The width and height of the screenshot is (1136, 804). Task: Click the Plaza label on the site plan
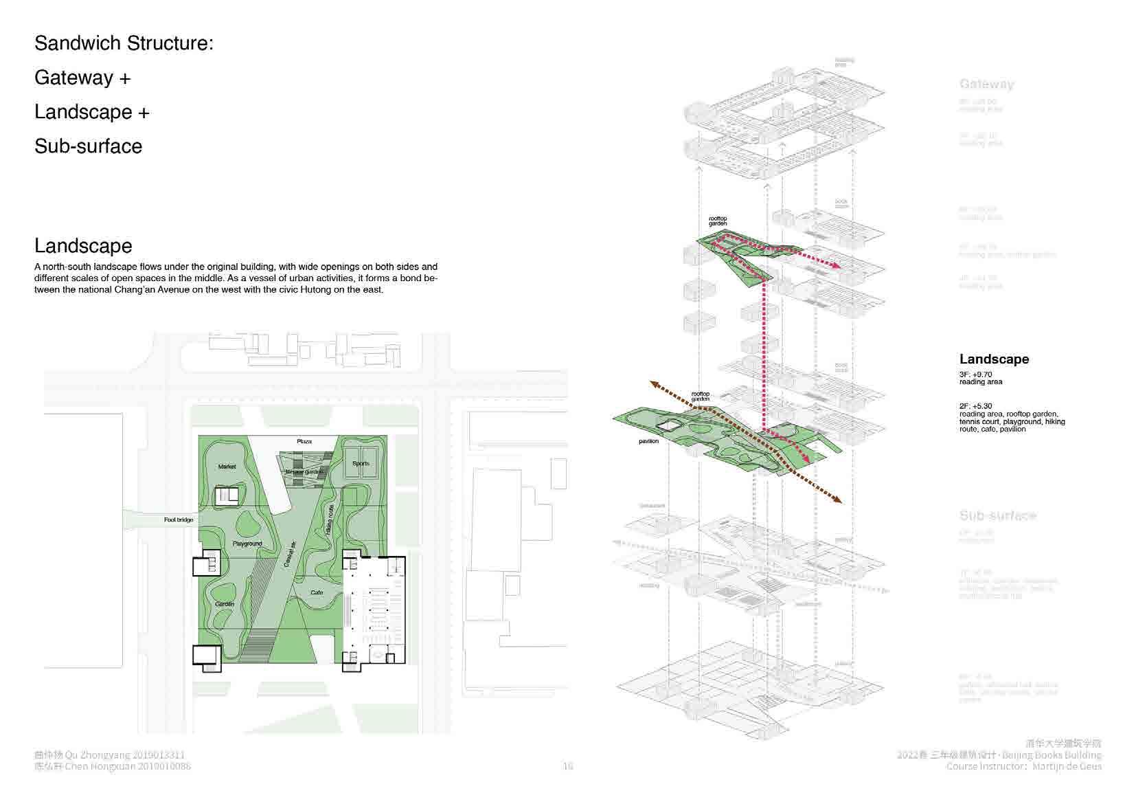[x=304, y=441]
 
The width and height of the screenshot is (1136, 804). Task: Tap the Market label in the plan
[x=227, y=467]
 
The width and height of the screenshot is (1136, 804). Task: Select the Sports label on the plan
[x=361, y=464]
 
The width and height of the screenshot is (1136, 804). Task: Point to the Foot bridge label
[x=179, y=520]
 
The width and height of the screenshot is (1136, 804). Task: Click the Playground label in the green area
[x=247, y=544]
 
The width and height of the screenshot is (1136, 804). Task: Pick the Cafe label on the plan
[x=317, y=592]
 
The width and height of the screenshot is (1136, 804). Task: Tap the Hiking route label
[x=330, y=521]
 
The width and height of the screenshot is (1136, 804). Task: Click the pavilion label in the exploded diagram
[x=648, y=441]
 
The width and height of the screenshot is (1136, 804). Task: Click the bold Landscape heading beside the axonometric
[x=994, y=359]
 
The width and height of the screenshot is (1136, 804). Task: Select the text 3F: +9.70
[x=975, y=375]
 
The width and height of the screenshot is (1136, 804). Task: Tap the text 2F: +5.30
[x=975, y=406]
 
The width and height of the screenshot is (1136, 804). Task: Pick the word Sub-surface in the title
[x=89, y=146]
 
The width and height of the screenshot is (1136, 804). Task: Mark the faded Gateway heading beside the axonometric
[x=986, y=85]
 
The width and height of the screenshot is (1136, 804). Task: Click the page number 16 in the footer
[x=568, y=766]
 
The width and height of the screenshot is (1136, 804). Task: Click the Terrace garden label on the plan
[x=304, y=472]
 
